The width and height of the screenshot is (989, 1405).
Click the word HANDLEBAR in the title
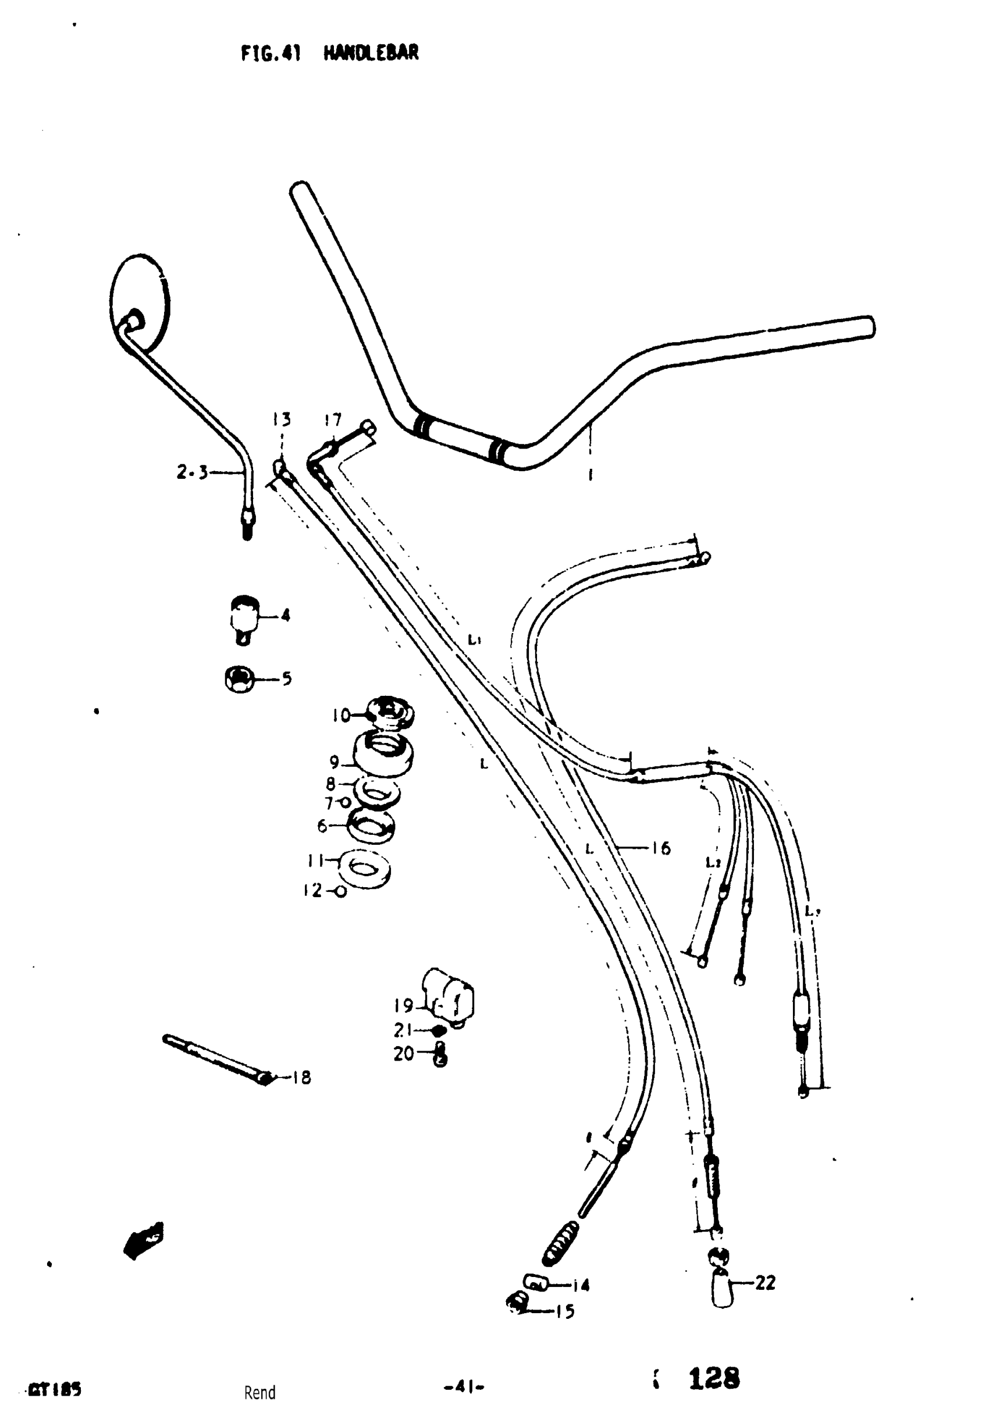coord(371,54)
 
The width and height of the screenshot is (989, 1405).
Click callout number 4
coord(285,615)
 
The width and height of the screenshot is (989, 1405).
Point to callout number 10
coord(341,715)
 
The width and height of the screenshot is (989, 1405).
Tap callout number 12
coord(312,890)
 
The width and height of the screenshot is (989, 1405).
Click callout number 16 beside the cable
coord(661,848)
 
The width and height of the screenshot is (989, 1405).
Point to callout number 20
coord(403,1053)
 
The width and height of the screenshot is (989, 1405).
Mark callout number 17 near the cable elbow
coord(333,420)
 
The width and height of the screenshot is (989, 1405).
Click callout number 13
coord(282,419)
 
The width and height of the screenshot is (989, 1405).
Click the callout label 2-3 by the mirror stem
coord(191,472)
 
